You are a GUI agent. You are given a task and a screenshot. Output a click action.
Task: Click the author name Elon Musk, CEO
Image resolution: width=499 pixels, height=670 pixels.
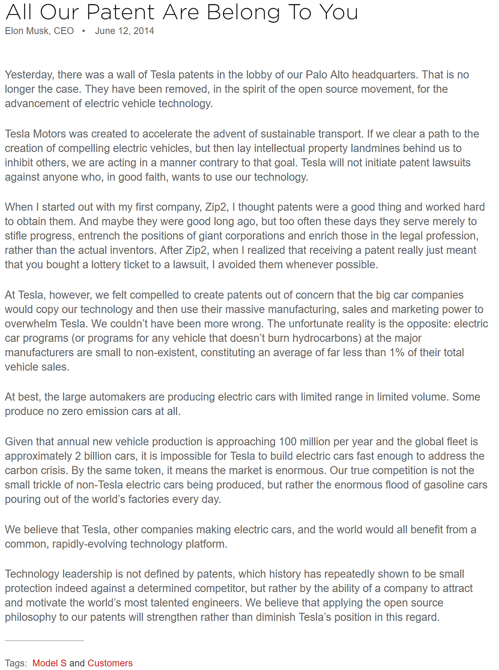coord(40,31)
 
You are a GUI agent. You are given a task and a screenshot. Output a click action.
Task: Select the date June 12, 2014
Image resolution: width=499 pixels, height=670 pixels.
coord(124,31)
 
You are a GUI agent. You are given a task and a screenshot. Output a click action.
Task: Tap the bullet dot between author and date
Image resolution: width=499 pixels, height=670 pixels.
coord(84,31)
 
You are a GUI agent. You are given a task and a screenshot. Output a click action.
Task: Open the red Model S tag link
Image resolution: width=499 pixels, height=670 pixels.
coord(49,663)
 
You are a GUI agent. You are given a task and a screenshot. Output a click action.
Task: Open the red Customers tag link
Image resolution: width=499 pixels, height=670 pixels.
coord(110,663)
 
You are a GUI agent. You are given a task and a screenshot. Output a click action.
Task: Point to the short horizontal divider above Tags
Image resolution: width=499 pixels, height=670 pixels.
coord(44,641)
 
